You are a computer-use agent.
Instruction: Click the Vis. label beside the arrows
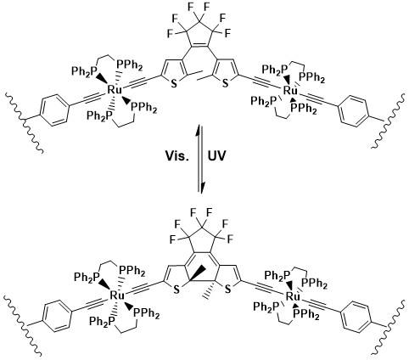176,156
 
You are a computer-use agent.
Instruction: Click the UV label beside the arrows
217,156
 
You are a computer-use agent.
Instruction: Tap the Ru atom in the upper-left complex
115,90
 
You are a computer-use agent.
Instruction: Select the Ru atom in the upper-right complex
290,91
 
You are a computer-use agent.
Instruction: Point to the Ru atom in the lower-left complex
117,295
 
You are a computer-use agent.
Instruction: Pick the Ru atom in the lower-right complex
293,296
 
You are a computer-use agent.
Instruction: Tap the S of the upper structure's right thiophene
225,84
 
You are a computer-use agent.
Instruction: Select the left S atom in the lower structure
176,290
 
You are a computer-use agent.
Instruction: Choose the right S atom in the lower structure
228,290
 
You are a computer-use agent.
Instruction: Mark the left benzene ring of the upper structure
54,110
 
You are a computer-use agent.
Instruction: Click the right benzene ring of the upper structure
354,111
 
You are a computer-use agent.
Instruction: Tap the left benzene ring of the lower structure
57,317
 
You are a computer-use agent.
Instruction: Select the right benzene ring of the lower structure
356,316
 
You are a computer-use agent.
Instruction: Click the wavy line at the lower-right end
389,327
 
